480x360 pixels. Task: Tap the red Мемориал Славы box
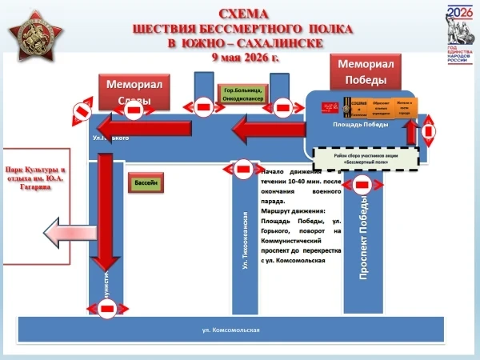135,92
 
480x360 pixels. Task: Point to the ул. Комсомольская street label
232,330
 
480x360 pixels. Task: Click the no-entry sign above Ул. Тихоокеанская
244,169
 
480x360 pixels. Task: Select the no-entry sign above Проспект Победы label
362,185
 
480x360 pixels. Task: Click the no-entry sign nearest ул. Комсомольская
106,306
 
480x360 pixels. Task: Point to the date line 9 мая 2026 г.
245,58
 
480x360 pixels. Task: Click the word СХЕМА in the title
243,14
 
